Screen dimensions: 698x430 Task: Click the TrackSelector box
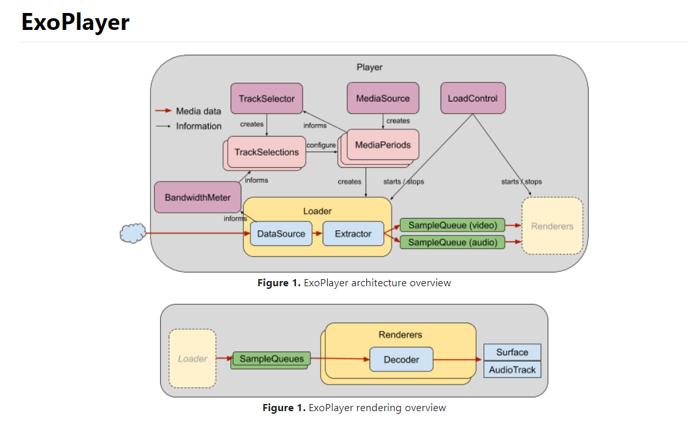pyautogui.click(x=267, y=98)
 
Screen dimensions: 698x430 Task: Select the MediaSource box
pyautogui.click(x=383, y=98)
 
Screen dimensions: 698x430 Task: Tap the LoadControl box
pyautogui.click(x=473, y=98)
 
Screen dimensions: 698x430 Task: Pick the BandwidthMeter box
pyautogui.click(x=198, y=197)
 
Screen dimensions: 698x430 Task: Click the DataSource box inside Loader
pyautogui.click(x=281, y=234)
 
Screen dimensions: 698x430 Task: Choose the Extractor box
pyautogui.click(x=353, y=234)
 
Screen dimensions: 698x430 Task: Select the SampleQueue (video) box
pyautogui.click(x=452, y=225)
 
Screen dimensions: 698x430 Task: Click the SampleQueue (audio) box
pyautogui.click(x=452, y=242)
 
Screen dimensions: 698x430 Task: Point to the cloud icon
pyautogui.click(x=133, y=234)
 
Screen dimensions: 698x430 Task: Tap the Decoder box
pyautogui.click(x=401, y=359)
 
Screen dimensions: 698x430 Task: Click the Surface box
pyautogui.click(x=513, y=352)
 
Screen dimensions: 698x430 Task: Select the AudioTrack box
pyautogui.click(x=513, y=370)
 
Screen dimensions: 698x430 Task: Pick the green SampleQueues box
pyautogui.click(x=271, y=358)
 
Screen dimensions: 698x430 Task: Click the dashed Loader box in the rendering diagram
pyautogui.click(x=193, y=358)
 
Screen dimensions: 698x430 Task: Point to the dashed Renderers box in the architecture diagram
pyautogui.click(x=552, y=226)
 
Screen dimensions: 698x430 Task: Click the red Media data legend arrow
pyautogui.click(x=163, y=111)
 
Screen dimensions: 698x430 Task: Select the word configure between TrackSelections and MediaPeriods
pyautogui.click(x=321, y=145)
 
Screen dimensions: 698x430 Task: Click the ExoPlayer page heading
pyautogui.click(x=75, y=22)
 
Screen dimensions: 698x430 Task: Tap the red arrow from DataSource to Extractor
pyautogui.click(x=317, y=234)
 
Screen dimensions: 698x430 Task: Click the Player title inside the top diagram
pyautogui.click(x=369, y=67)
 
